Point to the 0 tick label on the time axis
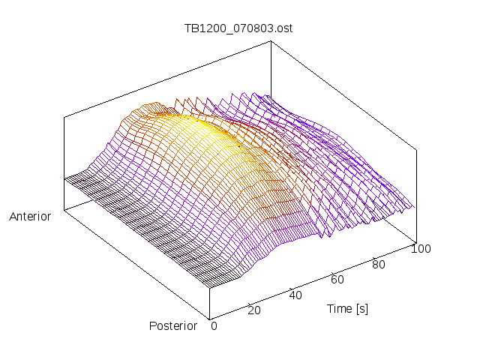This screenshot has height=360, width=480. [214, 325]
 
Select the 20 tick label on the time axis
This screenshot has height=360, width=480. [253, 310]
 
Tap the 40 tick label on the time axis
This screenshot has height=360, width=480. [295, 295]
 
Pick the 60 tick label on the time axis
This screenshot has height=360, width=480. [337, 280]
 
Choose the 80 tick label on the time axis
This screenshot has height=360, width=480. [379, 264]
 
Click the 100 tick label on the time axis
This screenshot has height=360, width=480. [421, 249]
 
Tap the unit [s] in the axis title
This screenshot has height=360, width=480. [361, 308]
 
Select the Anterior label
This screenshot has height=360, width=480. [30, 217]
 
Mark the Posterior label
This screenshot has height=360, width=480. [172, 325]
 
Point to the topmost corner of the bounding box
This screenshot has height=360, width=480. [270, 41]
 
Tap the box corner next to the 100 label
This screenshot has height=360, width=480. [415, 241]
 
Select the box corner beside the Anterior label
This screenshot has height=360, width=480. [64, 210]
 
